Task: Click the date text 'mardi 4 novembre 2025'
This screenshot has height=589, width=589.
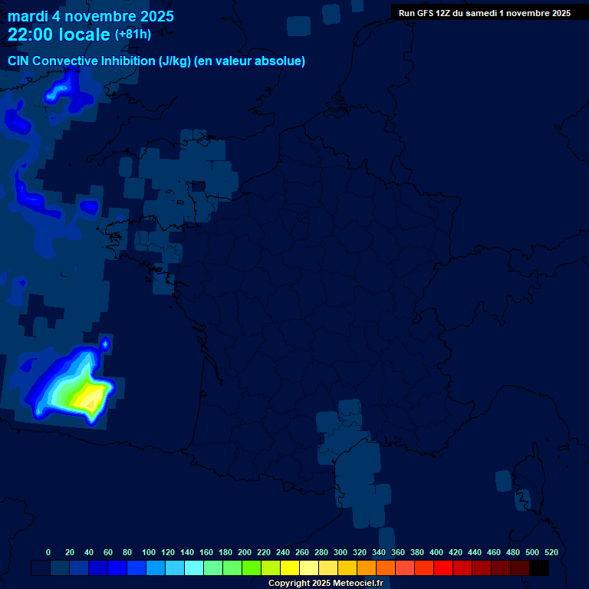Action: [x=90, y=16]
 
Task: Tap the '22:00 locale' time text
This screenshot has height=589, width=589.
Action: [x=58, y=35]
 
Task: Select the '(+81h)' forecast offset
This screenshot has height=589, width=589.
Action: [x=133, y=35]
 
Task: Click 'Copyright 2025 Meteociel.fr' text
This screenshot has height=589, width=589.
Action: [x=325, y=584]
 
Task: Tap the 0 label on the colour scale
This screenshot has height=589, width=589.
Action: [x=48, y=552]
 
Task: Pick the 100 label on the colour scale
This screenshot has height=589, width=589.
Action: [x=149, y=552]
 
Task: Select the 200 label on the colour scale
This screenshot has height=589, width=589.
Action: [x=245, y=552]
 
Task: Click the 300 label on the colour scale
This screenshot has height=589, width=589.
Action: [x=341, y=552]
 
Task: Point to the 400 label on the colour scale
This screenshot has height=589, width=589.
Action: [x=436, y=552]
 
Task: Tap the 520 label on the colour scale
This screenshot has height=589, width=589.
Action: [x=551, y=552]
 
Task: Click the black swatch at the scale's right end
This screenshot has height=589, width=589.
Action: [x=539, y=568]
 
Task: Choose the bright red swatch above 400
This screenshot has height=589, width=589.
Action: [x=443, y=568]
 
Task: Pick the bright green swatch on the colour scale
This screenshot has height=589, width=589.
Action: [x=252, y=568]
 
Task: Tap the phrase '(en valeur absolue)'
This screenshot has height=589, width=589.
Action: [x=250, y=61]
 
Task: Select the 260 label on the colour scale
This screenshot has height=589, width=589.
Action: [x=302, y=552]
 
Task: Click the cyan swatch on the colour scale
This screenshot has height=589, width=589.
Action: [x=194, y=568]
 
